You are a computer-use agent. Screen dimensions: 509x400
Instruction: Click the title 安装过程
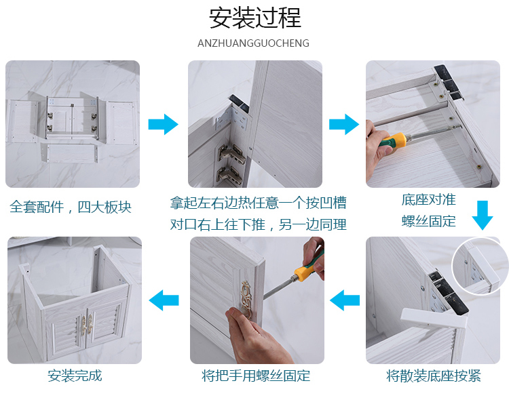pyautogui.click(x=254, y=18)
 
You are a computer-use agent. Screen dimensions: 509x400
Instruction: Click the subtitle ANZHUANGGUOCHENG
pyautogui.click(x=253, y=43)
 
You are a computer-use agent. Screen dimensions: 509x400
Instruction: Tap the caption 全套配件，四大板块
pyautogui.click(x=71, y=207)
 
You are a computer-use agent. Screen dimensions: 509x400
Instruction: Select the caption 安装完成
pyautogui.click(x=75, y=376)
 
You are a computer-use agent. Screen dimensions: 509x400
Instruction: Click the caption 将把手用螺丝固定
pyautogui.click(x=256, y=376)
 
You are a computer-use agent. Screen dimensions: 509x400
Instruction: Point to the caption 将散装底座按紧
pyautogui.click(x=434, y=376)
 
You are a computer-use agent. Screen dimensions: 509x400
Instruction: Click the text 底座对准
pyautogui.click(x=429, y=199)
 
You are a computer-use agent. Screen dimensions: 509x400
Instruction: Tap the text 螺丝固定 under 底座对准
pyautogui.click(x=429, y=221)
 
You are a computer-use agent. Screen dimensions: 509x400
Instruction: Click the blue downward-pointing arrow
pyautogui.click(x=483, y=215)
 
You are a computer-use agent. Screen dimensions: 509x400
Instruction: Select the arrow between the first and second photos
pyautogui.click(x=164, y=124)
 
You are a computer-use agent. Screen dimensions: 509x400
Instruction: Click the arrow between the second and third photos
pyautogui.click(x=344, y=124)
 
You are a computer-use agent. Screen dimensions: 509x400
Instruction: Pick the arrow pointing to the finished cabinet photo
pyautogui.click(x=164, y=300)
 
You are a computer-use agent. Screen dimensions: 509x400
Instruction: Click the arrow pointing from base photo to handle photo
pyautogui.click(x=345, y=300)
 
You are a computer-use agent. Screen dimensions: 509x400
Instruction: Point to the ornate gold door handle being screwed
pyautogui.click(x=246, y=300)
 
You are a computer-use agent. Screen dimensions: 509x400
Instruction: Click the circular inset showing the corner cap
pyautogui.click(x=476, y=266)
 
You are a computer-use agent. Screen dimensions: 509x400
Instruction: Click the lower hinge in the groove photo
pyautogui.click(x=230, y=175)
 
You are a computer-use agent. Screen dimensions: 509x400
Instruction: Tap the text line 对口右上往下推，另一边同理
pyautogui.click(x=258, y=224)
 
